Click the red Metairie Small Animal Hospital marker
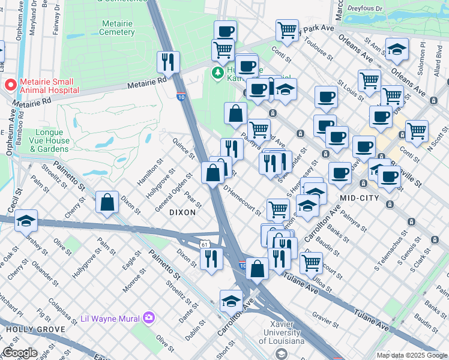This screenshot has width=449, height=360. point(10,85)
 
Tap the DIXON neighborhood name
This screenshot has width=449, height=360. point(182,212)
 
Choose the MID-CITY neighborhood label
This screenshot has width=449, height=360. point(361,197)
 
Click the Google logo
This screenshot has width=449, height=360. point(19,353)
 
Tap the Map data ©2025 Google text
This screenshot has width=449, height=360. point(412,355)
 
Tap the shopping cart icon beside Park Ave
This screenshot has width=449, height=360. point(288,29)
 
